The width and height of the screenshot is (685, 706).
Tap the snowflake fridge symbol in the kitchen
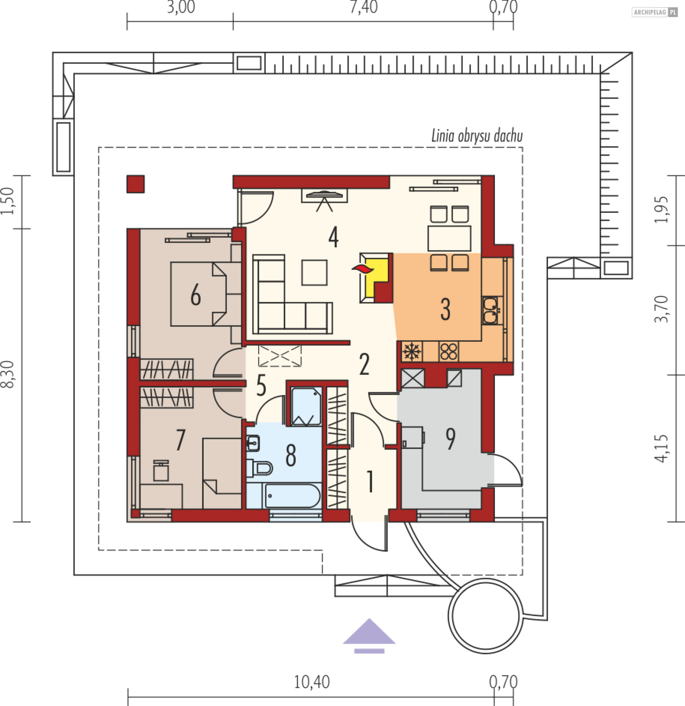tap(412, 351)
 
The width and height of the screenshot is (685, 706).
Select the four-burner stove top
tap(448, 351)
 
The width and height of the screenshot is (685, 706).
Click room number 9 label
tap(451, 439)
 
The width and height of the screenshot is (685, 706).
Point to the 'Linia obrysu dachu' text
tap(477, 136)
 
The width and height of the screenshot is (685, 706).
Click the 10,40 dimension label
tap(312, 682)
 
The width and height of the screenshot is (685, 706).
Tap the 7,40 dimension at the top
tap(364, 7)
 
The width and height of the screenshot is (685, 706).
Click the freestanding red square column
tap(135, 184)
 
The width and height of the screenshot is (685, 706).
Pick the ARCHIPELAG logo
tap(654, 12)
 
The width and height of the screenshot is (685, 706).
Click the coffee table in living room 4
tap(314, 273)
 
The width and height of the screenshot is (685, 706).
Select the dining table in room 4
tap(449, 239)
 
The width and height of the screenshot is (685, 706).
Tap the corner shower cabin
tap(306, 407)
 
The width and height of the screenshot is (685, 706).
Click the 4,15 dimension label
tap(661, 449)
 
